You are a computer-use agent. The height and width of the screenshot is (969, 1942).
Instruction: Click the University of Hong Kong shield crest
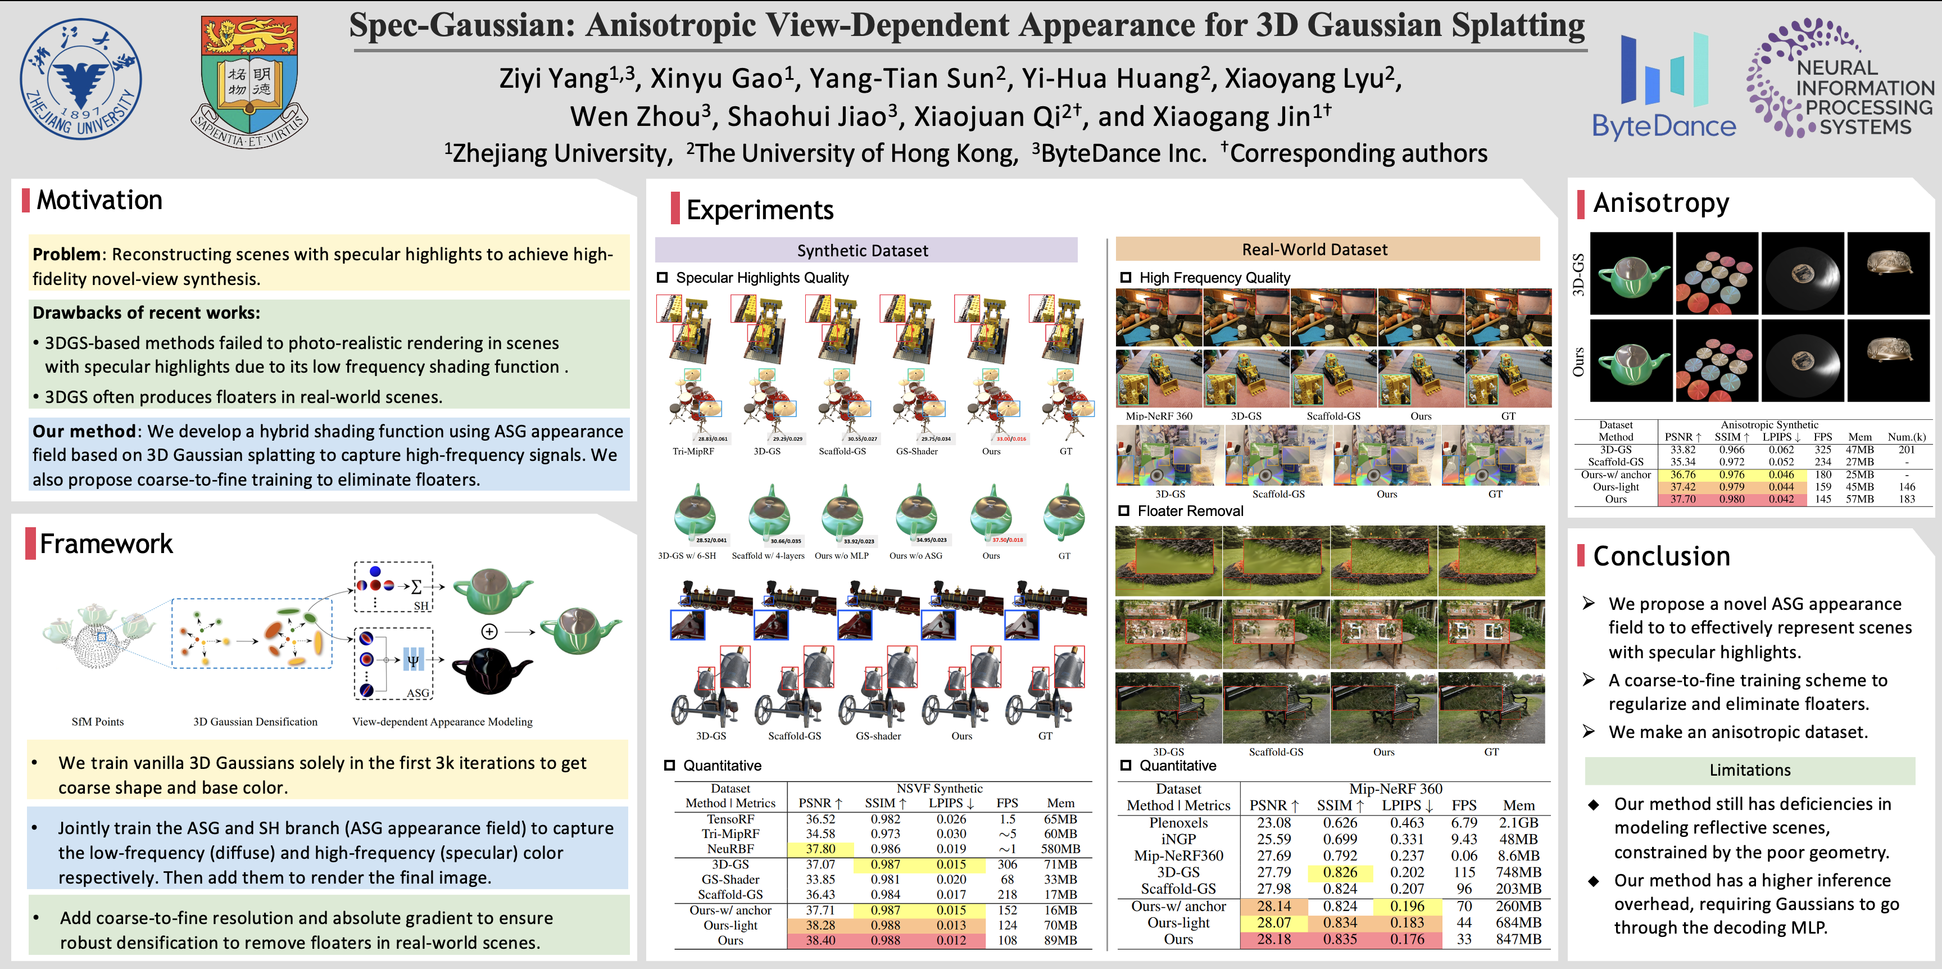click(x=249, y=81)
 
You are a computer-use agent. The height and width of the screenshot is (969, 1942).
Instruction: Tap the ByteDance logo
click(x=1663, y=87)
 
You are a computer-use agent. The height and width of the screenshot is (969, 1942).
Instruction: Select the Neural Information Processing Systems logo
click(x=1840, y=79)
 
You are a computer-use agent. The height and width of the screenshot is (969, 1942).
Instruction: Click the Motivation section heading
click(x=99, y=201)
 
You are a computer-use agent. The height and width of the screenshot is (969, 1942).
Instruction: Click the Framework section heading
click(x=106, y=544)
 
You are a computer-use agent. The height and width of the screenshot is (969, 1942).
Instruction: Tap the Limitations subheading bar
click(x=1749, y=770)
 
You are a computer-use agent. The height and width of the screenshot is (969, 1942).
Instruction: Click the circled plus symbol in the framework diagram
click(x=489, y=631)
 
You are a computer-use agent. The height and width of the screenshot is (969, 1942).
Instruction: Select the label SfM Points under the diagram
click(x=98, y=722)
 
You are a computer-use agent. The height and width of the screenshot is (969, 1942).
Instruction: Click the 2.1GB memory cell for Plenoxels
click(x=1518, y=823)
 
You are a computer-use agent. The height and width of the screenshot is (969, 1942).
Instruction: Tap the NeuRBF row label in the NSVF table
click(x=730, y=849)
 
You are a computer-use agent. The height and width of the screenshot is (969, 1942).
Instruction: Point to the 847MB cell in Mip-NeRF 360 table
click(x=1518, y=940)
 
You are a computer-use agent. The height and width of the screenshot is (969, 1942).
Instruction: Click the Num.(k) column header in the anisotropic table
click(x=1907, y=437)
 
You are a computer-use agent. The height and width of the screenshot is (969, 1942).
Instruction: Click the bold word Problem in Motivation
click(x=66, y=254)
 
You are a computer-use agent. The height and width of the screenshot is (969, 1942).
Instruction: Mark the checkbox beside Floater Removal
click(x=1124, y=511)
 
